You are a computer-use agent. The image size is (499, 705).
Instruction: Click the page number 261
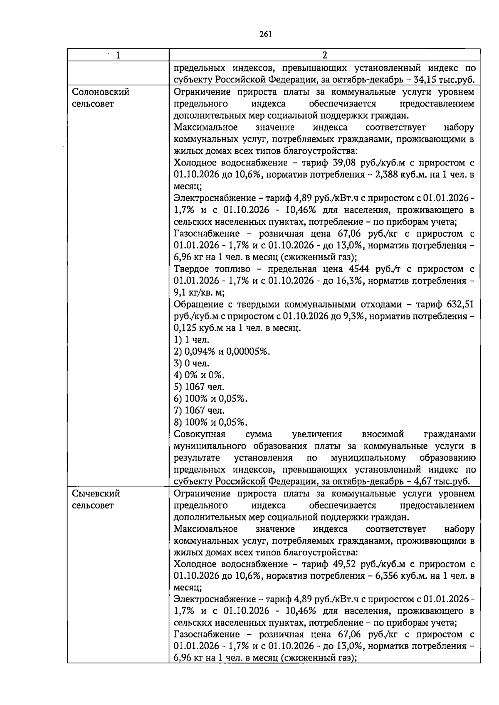click(x=265, y=35)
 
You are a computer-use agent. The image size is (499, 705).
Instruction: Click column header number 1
click(x=118, y=55)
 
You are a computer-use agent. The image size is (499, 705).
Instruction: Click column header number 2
click(x=324, y=55)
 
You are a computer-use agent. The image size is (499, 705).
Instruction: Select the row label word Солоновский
click(x=100, y=92)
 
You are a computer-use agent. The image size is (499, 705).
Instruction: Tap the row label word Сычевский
click(x=96, y=493)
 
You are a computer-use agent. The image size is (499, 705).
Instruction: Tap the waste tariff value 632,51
click(x=459, y=304)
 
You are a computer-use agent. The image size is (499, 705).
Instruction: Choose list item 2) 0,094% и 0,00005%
click(x=222, y=352)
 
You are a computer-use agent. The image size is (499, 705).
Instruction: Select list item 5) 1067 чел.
click(x=199, y=387)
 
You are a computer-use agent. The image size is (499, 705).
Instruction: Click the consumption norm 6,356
click(x=388, y=576)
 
